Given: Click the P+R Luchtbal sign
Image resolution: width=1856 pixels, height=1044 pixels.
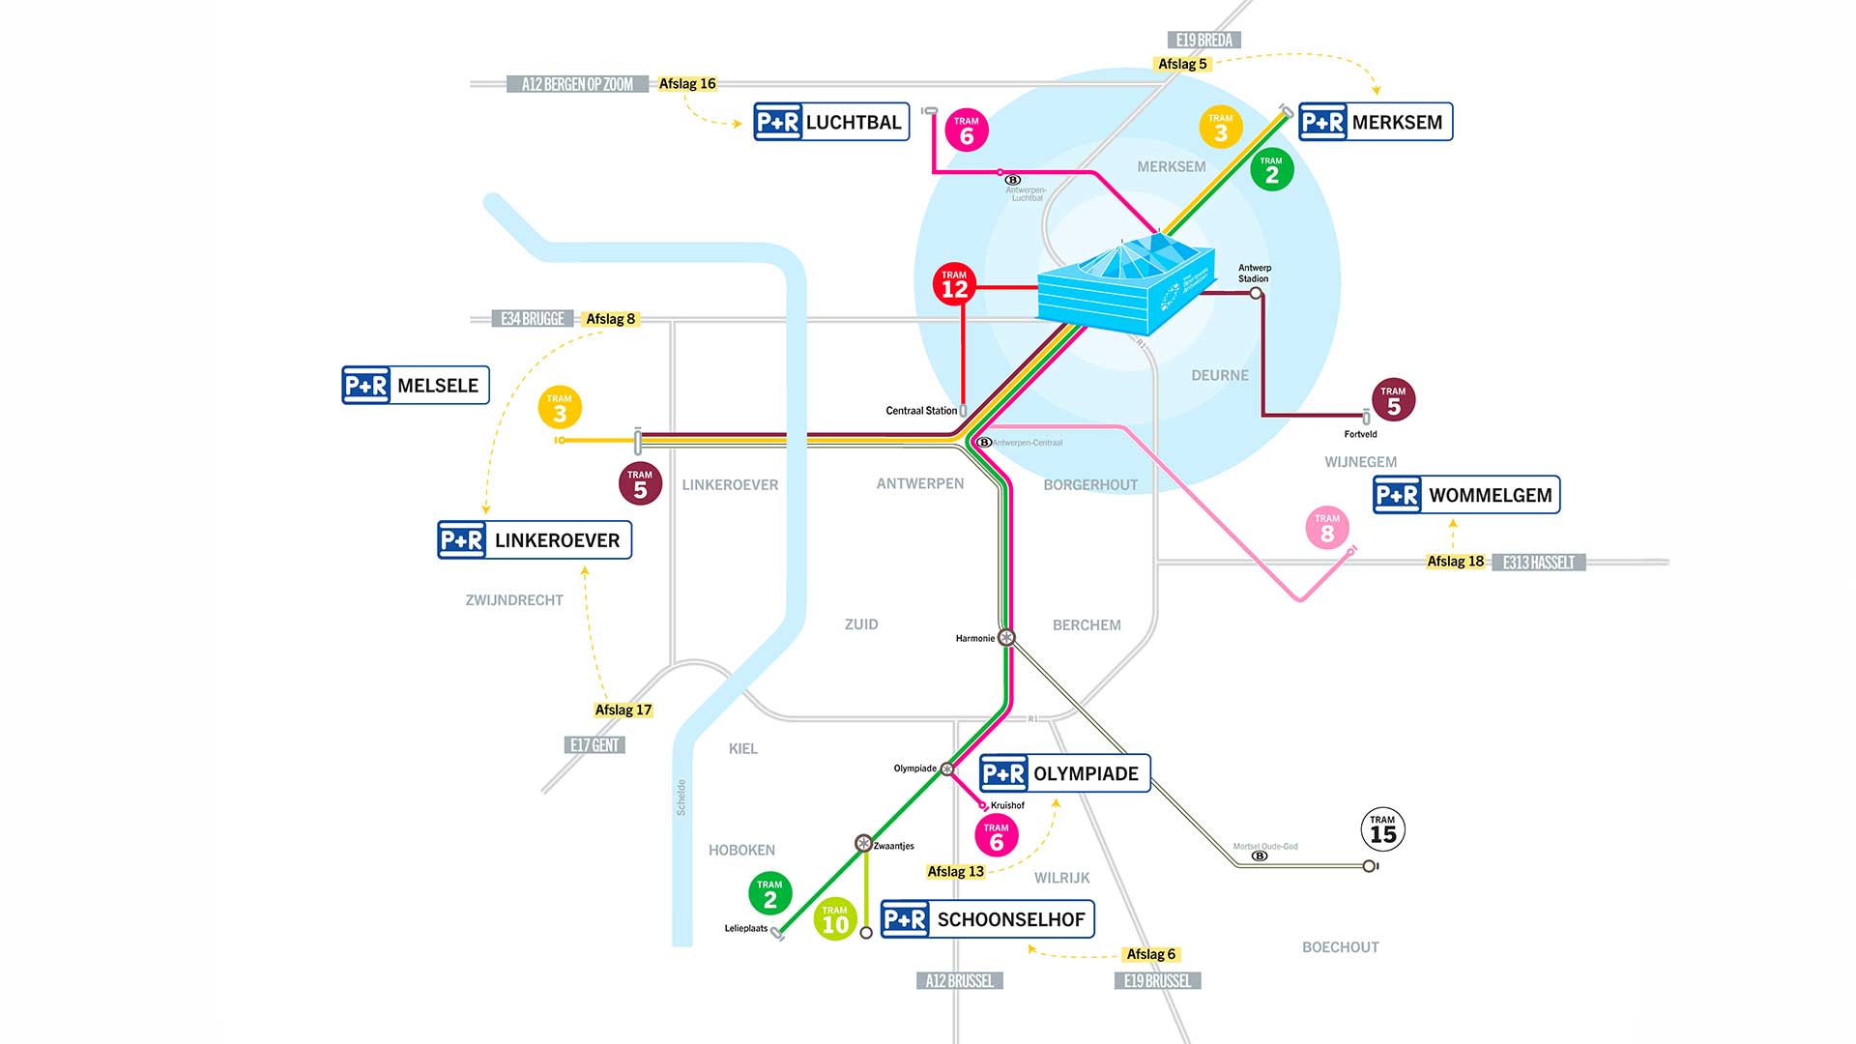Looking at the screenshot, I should (831, 122).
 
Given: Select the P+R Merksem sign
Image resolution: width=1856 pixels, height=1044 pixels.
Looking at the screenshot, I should (1375, 122).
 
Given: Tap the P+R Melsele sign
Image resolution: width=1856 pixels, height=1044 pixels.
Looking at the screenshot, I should (416, 385).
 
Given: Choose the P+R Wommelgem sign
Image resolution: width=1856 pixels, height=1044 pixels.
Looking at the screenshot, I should (1466, 495).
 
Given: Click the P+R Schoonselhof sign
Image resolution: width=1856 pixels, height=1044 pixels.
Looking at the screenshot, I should (987, 919).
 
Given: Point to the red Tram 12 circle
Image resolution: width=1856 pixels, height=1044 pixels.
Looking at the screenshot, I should (954, 285).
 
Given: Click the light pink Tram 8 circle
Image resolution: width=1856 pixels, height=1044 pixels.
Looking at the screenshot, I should (1327, 529).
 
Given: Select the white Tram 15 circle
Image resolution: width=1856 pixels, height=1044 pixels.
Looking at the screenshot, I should (1382, 830).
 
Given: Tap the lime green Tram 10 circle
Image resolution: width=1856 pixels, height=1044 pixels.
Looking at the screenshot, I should (834, 919).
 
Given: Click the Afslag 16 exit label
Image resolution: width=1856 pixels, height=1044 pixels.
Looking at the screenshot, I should (687, 84).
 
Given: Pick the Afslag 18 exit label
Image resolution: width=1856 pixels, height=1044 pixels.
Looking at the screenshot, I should (1455, 562).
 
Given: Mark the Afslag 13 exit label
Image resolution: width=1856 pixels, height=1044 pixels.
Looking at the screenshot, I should (955, 872).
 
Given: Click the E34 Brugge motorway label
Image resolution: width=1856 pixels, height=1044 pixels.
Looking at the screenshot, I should (533, 319).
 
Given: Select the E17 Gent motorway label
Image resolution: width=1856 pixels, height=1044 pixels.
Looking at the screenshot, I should (594, 745).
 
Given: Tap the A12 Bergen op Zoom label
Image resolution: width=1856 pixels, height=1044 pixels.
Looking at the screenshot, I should (577, 84).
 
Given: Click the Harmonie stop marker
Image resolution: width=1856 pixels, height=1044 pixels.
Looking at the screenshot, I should (1006, 637).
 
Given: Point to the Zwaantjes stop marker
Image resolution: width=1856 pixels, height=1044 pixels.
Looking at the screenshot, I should (863, 843).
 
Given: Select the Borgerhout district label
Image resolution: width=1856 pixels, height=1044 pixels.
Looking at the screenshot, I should (1090, 484).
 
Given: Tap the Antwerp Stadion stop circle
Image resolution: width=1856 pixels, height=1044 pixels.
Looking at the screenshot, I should (1256, 293).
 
